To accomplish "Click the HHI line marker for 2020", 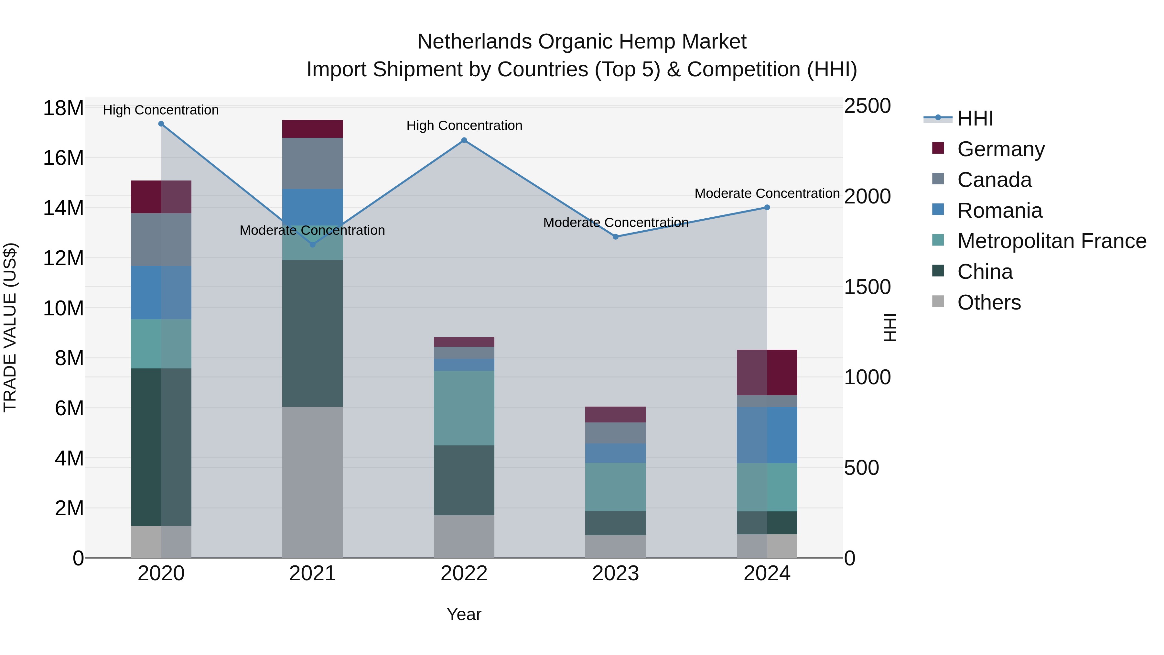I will pos(161,124).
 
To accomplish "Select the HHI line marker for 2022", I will pos(464,140).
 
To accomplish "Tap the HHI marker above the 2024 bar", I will pos(767,207).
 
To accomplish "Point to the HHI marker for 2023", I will pos(615,237).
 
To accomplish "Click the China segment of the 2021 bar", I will pos(312,333).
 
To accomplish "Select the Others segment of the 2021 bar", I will pos(312,482).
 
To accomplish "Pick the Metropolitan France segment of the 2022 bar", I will pos(464,408).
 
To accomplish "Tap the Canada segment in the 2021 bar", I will pos(312,163).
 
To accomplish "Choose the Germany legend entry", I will pos(1000,149).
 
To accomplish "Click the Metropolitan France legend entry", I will pos(1051,241).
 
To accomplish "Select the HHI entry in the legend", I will pos(975,118).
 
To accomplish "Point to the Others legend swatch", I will pos(938,301).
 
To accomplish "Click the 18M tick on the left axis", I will pos(63,108).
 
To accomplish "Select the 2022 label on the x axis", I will pos(464,573).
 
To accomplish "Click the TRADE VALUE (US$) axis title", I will pos(10,327).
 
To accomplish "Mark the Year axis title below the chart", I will pos(464,614).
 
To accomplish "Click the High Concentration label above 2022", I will pos(464,126).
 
